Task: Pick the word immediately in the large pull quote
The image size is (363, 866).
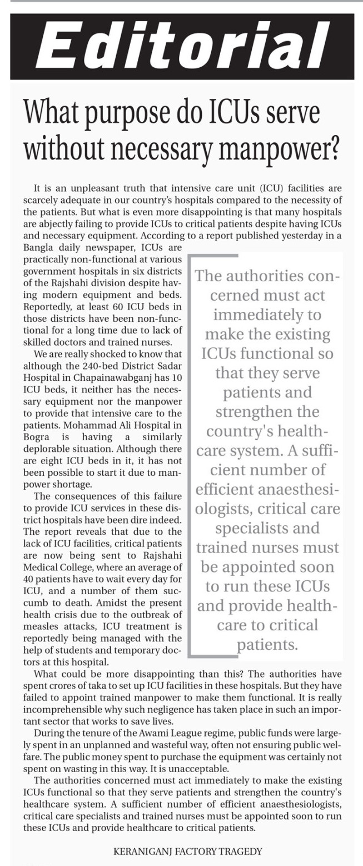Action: point(267,315)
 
